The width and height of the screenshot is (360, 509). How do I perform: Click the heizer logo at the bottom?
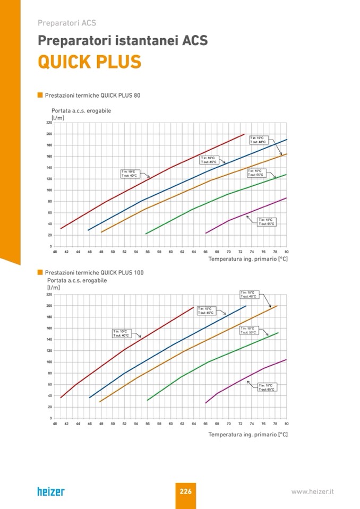pyautogui.click(x=51, y=491)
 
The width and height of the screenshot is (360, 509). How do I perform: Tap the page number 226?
pyautogui.click(x=185, y=491)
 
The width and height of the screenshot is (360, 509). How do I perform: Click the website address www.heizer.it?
pyautogui.click(x=312, y=491)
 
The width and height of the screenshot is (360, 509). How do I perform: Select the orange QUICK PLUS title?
pyautogui.click(x=89, y=62)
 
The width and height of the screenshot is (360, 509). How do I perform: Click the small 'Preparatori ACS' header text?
pyautogui.click(x=66, y=23)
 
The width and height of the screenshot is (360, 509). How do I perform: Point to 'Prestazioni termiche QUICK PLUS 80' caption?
pyautogui.click(x=92, y=96)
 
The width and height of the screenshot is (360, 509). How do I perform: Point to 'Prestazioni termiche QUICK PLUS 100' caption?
pyautogui.click(x=94, y=272)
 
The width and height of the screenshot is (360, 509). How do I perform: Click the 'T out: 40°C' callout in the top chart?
pyautogui.click(x=129, y=173)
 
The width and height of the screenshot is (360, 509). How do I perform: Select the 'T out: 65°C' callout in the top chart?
pyautogui.click(x=266, y=222)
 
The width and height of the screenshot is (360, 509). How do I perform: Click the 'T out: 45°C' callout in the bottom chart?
pyautogui.click(x=205, y=310)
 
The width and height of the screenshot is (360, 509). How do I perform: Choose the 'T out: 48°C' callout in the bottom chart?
pyautogui.click(x=248, y=294)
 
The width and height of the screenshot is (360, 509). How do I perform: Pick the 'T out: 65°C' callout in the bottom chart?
pyautogui.click(x=266, y=387)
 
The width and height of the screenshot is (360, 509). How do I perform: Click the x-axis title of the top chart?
pyautogui.click(x=247, y=259)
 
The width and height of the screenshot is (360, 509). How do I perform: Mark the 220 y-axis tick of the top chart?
pyautogui.click(x=49, y=123)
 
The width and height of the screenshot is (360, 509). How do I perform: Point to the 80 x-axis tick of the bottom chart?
pyautogui.click(x=286, y=424)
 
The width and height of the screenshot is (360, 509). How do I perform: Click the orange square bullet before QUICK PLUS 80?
pyautogui.click(x=40, y=96)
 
